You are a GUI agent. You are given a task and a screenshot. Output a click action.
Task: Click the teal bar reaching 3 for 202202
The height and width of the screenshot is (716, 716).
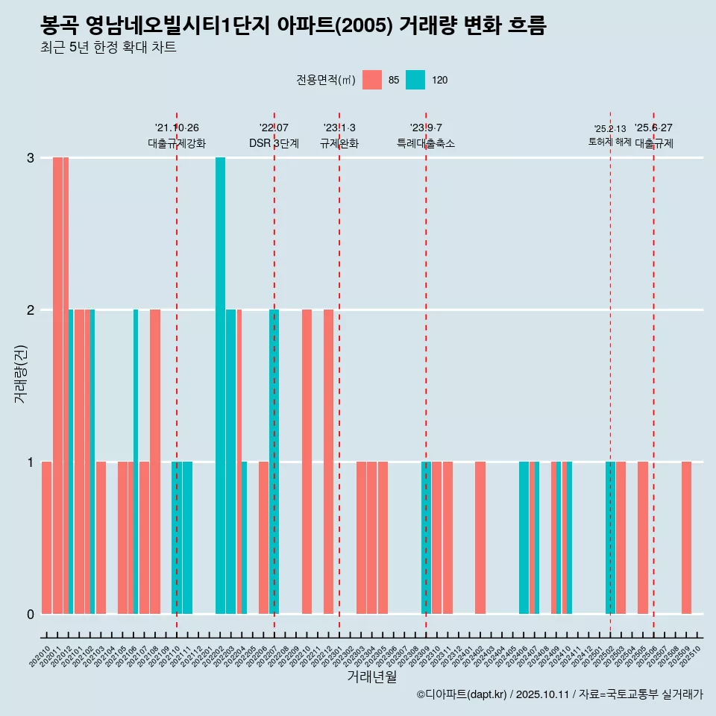(220, 386)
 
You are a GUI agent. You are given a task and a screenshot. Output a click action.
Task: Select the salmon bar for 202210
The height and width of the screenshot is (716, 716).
(307, 462)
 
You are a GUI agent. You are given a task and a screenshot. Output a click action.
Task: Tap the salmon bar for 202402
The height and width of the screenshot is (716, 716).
(480, 538)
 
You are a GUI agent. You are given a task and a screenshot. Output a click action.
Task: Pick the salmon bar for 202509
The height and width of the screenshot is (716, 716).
(686, 538)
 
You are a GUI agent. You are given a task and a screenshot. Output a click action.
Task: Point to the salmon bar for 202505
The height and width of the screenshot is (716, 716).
(643, 538)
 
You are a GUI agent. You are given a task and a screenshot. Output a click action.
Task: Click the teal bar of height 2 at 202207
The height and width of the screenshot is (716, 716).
(274, 462)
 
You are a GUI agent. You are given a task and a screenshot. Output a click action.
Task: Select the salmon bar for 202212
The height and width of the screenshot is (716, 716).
(328, 462)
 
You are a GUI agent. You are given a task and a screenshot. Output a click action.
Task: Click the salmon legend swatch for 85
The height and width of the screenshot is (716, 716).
(372, 80)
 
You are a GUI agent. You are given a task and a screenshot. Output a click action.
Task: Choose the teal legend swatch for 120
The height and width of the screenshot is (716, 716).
(415, 80)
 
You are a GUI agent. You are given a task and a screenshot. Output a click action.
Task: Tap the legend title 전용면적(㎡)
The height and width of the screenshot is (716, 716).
(326, 80)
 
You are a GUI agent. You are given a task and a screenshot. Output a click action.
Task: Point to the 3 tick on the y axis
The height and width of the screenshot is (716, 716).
(31, 158)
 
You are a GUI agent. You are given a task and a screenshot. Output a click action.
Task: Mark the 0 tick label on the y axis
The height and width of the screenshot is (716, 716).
(31, 614)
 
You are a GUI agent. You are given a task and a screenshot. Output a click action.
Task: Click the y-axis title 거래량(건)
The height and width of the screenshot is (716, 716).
(20, 373)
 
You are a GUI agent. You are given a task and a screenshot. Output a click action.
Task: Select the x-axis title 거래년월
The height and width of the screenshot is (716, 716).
(371, 676)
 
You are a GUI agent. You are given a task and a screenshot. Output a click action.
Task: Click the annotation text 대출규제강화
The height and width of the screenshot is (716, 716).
(177, 143)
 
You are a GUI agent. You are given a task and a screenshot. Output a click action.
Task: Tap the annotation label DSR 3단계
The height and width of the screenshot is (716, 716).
(274, 143)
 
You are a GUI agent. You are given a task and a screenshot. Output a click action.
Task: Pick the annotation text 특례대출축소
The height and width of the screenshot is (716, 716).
(426, 143)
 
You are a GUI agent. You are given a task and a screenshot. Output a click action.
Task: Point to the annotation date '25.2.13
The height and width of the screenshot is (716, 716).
(610, 128)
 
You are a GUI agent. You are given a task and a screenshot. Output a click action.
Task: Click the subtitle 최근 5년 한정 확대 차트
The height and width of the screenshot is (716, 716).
(108, 48)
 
